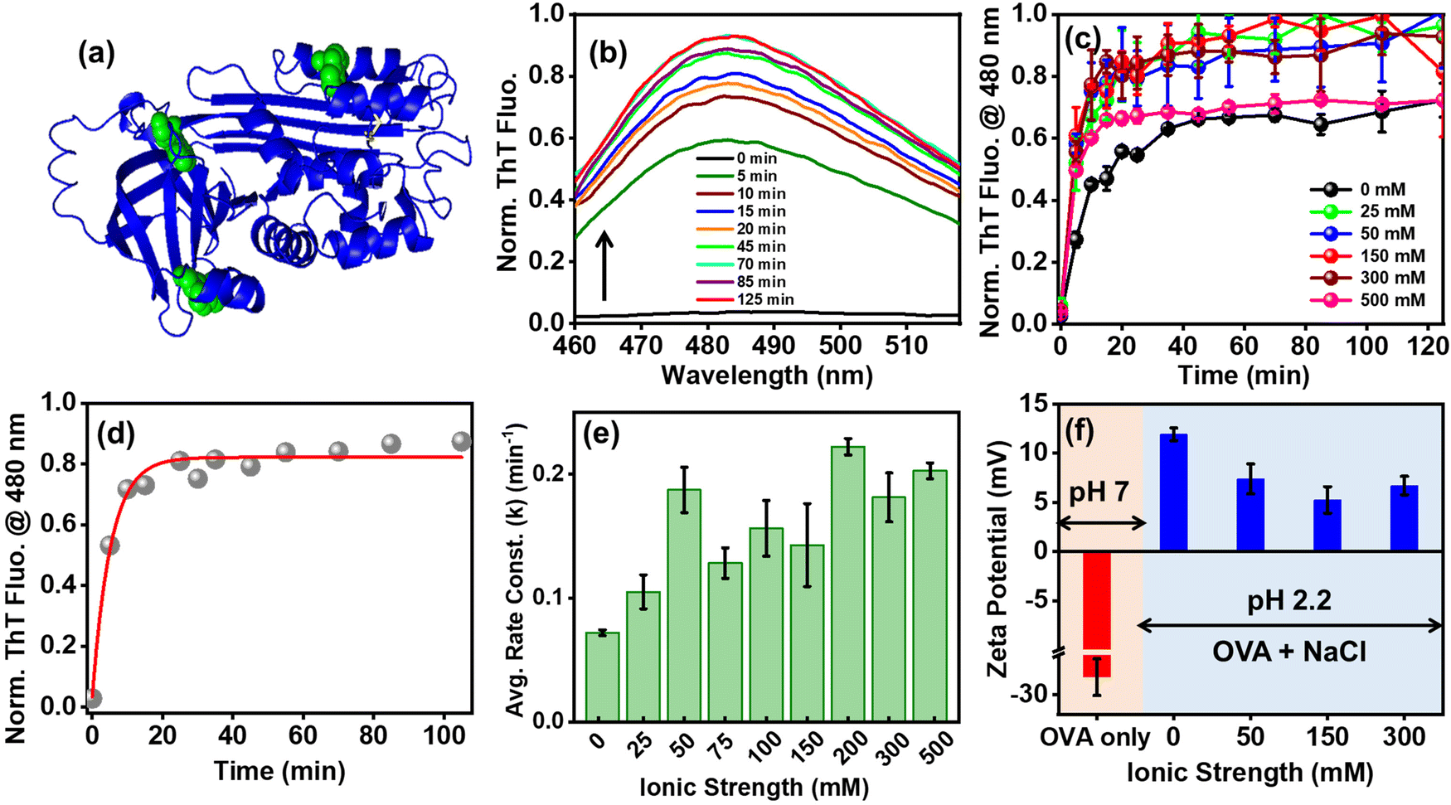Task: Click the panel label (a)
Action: coord(96,56)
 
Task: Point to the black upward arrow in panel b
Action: coord(604,265)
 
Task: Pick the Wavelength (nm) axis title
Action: coord(767,376)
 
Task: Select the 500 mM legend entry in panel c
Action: coord(1369,299)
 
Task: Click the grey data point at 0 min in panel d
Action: coord(93,699)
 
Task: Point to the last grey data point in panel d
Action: coord(461,441)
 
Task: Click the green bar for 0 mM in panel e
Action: coord(602,676)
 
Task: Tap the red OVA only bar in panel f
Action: coord(1096,614)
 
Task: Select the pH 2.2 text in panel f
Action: coord(1289,599)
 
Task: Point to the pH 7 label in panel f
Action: coord(1099,493)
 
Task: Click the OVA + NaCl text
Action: coord(1289,652)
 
